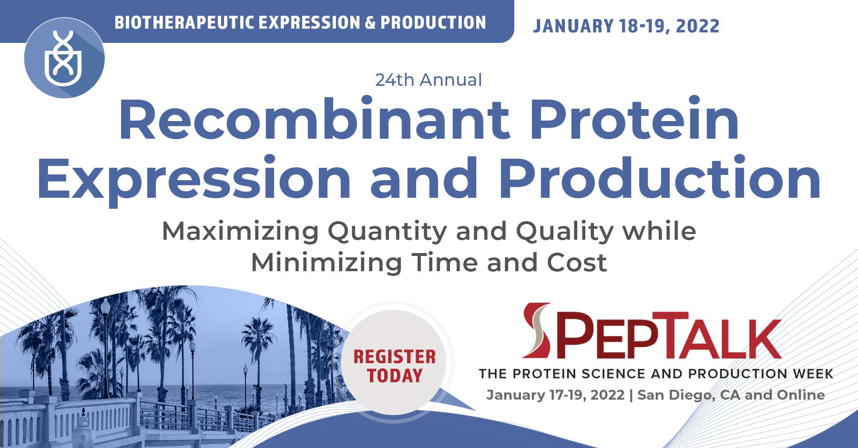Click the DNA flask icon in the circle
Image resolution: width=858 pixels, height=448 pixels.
(x=64, y=58)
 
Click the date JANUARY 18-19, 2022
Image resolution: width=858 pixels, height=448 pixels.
(x=626, y=26)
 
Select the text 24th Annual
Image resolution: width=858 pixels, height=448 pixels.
(x=429, y=80)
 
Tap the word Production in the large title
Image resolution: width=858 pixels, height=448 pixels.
(x=659, y=178)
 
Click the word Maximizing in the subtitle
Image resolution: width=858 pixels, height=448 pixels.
(x=240, y=232)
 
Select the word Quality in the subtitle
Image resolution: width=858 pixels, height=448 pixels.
(x=565, y=232)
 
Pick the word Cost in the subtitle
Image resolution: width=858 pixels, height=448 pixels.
(x=577, y=263)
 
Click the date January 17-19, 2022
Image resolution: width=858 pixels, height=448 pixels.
(x=555, y=395)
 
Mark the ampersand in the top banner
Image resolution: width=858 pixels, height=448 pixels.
(x=370, y=22)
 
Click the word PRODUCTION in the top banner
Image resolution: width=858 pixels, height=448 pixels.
(x=433, y=22)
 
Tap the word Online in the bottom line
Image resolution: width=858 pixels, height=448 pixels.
(x=800, y=395)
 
